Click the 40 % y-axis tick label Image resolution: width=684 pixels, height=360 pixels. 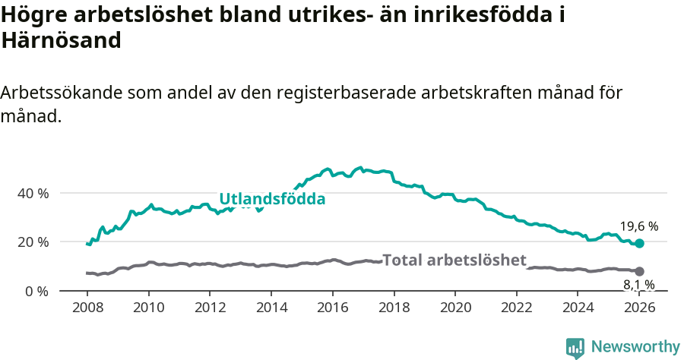pos(32,193)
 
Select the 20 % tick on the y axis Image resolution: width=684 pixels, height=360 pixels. pos(32,242)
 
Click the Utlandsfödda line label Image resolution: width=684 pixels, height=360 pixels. pos(272,200)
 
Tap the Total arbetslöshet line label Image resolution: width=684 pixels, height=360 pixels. pos(454,261)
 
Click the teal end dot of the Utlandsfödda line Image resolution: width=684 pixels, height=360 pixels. pos(640,243)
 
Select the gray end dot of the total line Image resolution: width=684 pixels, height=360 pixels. pos(640,271)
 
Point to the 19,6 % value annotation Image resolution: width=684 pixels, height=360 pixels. pos(638,226)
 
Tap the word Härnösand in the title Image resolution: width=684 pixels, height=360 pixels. pos(62,41)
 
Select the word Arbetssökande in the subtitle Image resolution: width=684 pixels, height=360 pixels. pos(62,93)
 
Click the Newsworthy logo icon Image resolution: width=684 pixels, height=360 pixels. pos(575,347)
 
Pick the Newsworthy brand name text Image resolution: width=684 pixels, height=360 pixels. pos(635,347)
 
